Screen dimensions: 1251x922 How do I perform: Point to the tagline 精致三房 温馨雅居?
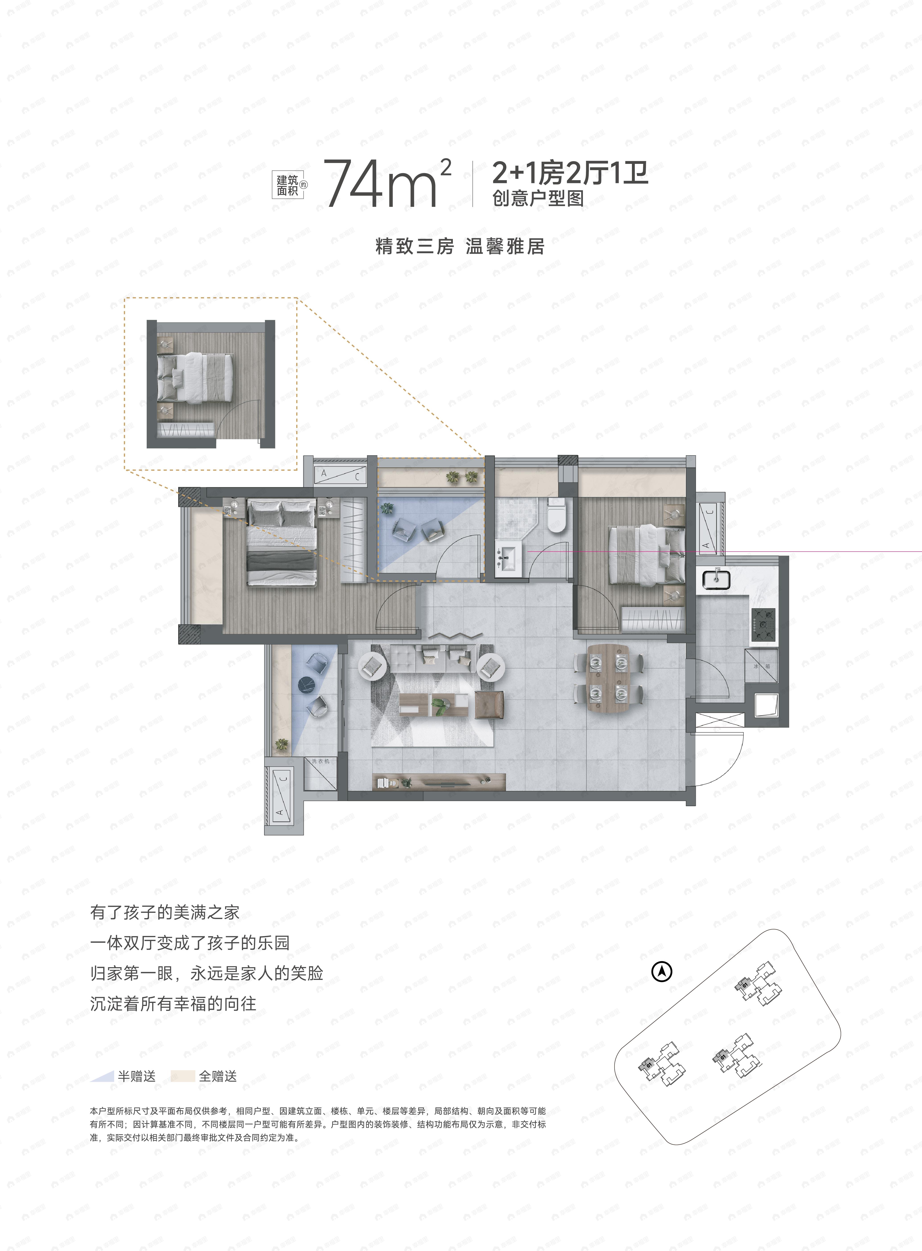460,246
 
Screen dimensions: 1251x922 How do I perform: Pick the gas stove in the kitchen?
763,624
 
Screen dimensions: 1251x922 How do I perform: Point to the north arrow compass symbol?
662,971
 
